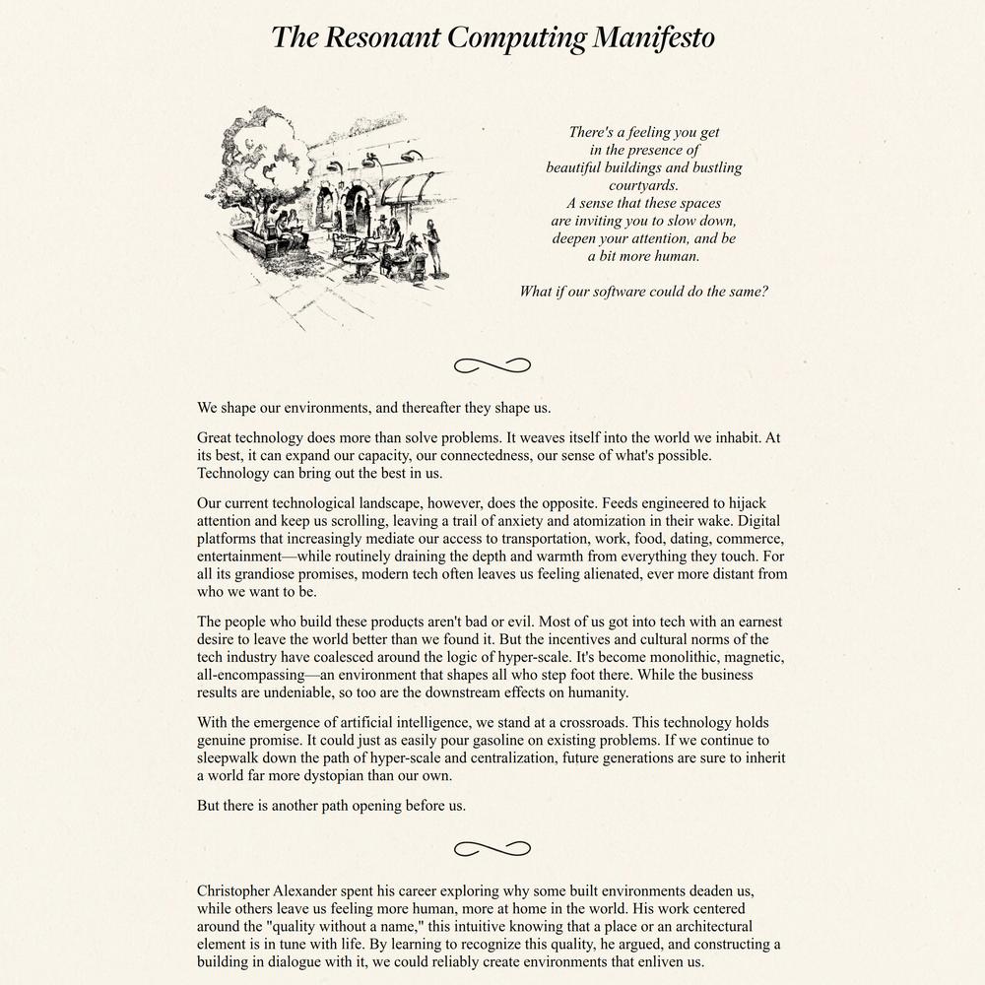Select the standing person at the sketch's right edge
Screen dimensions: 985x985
pyautogui.click(x=432, y=246)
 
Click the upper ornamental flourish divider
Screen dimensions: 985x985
pyautogui.click(x=492, y=366)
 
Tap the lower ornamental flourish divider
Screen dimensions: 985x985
pyautogui.click(x=492, y=848)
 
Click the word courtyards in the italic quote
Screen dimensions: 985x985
pyautogui.click(x=643, y=185)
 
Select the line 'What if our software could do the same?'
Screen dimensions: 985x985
pyautogui.click(x=643, y=292)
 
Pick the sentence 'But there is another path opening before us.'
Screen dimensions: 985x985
pyautogui.click(x=331, y=805)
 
